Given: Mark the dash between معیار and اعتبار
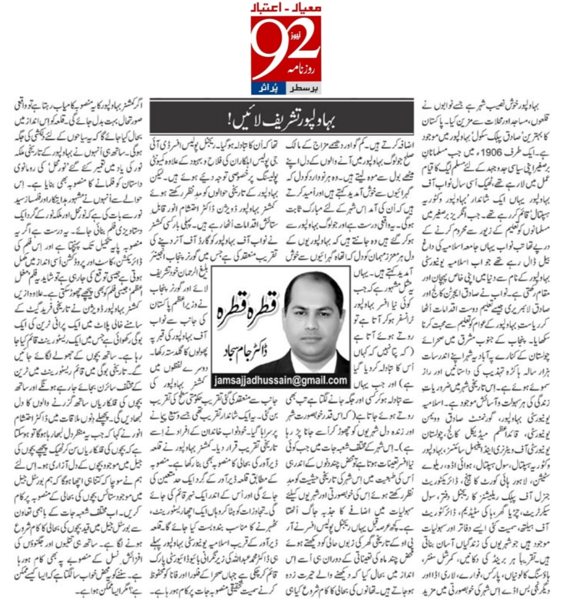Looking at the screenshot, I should [x=285, y=9].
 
